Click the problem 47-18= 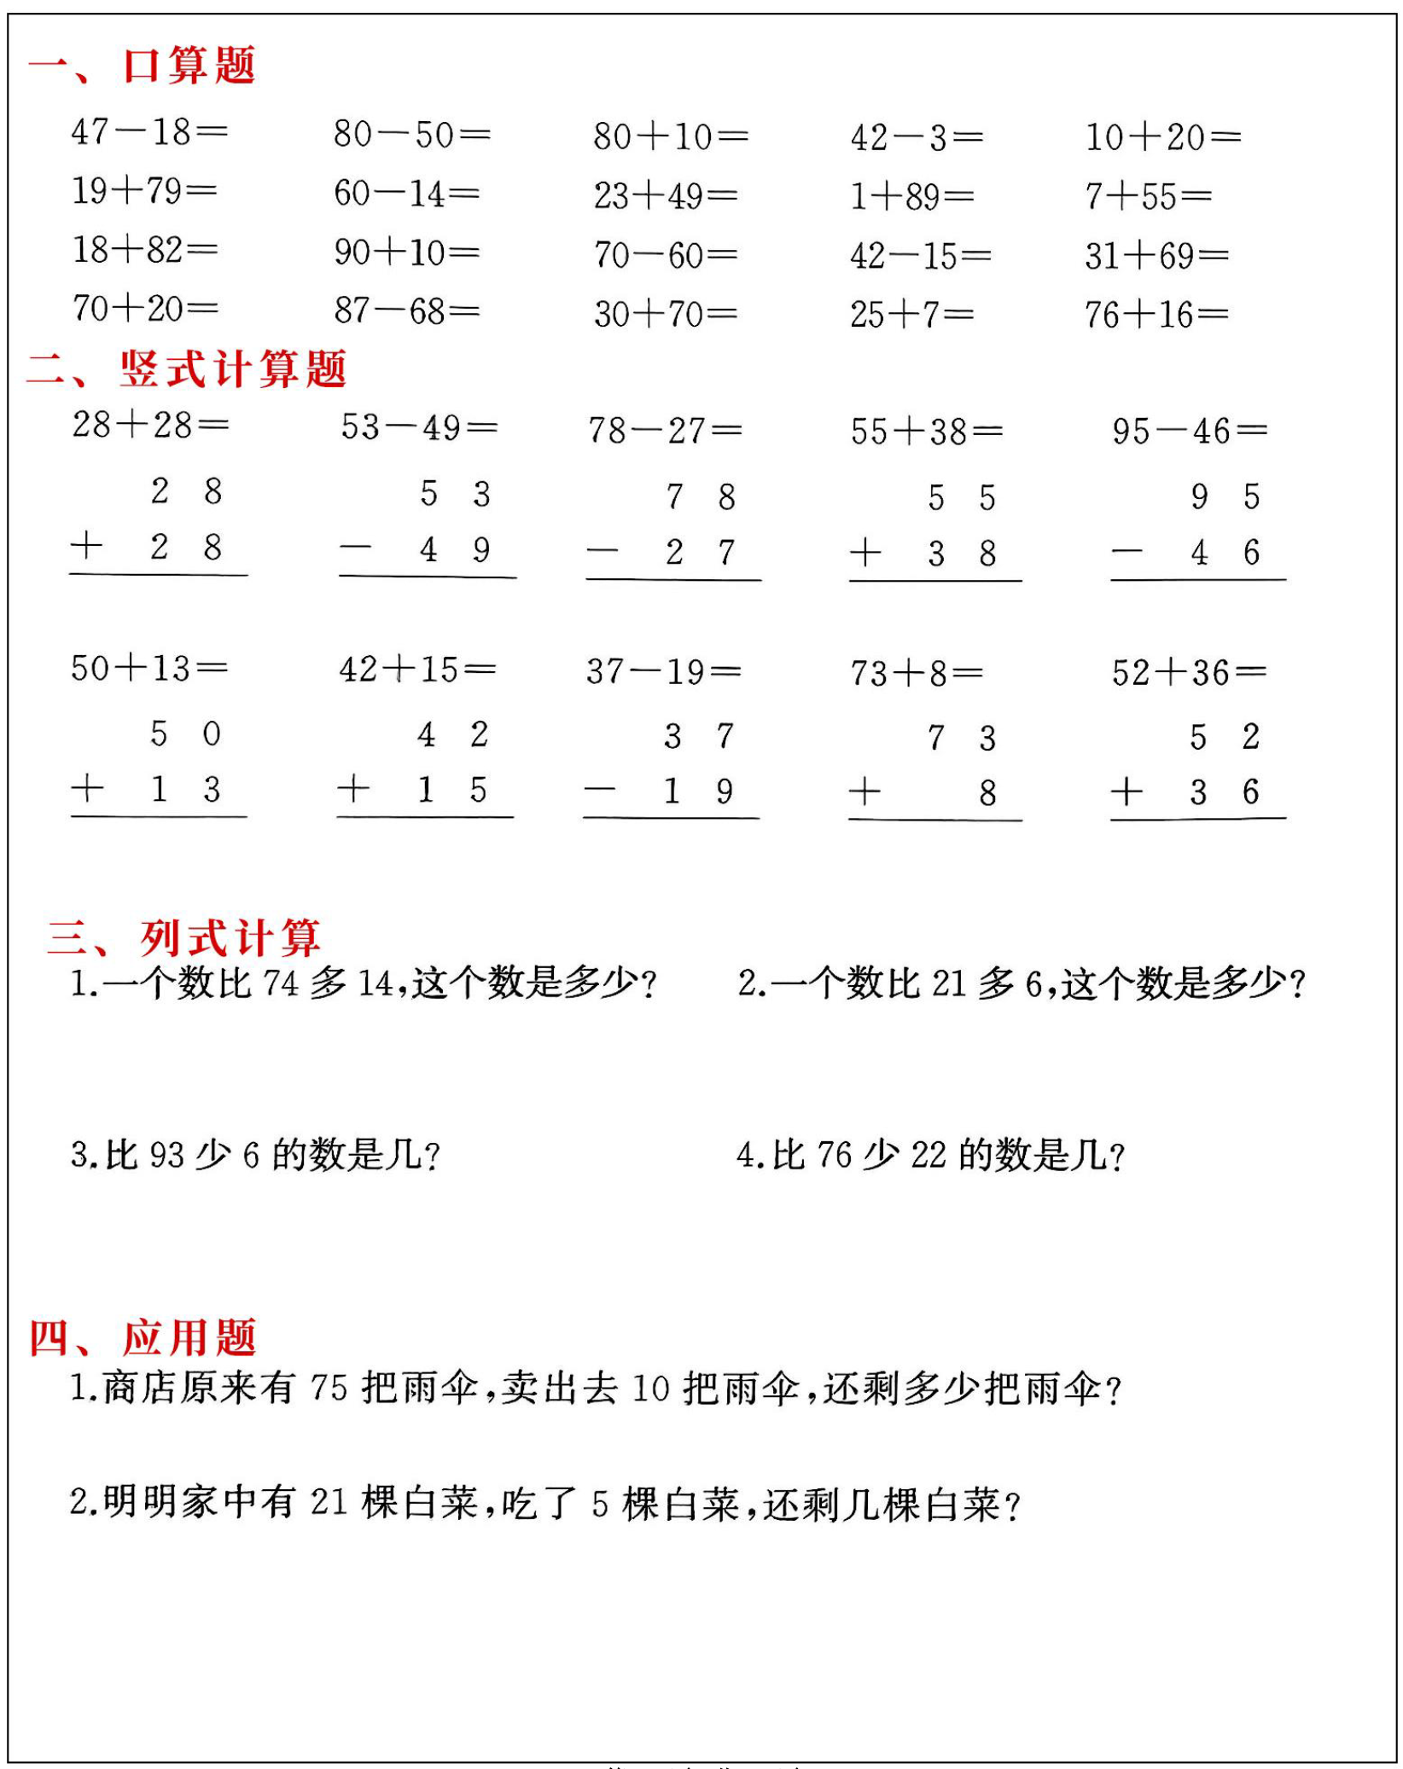(x=149, y=132)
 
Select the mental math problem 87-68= (x=406, y=311)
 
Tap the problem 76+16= (x=1156, y=315)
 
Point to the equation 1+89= (x=911, y=197)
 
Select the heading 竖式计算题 (x=232, y=369)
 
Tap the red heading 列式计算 (x=230, y=937)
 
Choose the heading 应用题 (x=189, y=1337)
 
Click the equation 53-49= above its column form (x=418, y=427)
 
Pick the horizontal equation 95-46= (x=1189, y=431)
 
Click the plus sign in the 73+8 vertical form (x=865, y=792)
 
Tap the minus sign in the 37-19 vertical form (x=599, y=790)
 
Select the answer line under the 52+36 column (x=1197, y=819)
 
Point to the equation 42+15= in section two (x=416, y=670)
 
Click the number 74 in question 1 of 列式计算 (x=281, y=983)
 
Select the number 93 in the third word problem (x=166, y=1156)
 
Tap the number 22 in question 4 (x=929, y=1156)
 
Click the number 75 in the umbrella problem (x=329, y=1388)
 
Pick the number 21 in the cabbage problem (x=329, y=1502)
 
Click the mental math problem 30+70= (x=666, y=315)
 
